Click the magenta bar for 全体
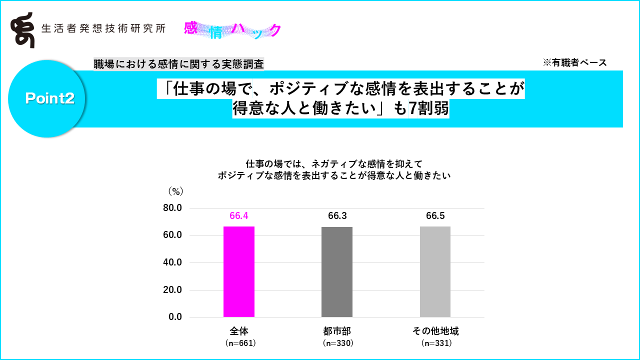point(239,271)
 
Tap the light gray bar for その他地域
point(435,271)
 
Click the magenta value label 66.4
point(239,216)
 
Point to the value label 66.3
point(337,216)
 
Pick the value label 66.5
point(435,216)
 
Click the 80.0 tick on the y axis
point(172,208)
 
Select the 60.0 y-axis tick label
point(172,235)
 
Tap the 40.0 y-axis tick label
point(172,262)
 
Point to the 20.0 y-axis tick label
point(172,290)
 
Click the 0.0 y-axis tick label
point(175,317)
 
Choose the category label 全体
point(239,331)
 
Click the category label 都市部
point(337,331)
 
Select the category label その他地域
point(435,331)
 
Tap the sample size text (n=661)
point(240,343)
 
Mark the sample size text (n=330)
point(338,343)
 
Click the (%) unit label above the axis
point(175,191)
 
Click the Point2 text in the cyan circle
point(49,98)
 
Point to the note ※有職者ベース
point(574,62)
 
